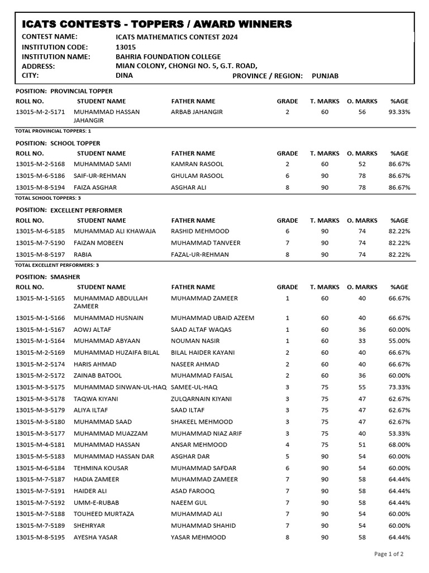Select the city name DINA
(124, 76)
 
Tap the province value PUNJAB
(325, 76)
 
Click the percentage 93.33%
(399, 112)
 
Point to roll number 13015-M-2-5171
(40, 112)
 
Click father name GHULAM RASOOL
(197, 176)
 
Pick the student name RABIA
(83, 255)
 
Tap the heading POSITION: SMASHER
(48, 277)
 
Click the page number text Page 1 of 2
(389, 554)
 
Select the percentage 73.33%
(399, 387)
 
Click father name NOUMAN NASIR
(195, 341)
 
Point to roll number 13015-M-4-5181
(40, 445)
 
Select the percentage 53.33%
(399, 434)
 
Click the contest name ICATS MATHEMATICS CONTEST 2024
(177, 37)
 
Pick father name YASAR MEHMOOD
(198, 537)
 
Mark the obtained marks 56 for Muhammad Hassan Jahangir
(362, 112)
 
